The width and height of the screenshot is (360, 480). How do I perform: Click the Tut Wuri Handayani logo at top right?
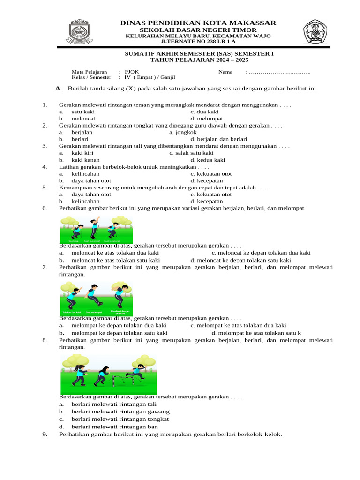315,31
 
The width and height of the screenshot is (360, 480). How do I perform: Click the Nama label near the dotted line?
225,72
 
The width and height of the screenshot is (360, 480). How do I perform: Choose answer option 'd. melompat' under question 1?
207,119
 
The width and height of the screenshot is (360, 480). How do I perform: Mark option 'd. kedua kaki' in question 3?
208,160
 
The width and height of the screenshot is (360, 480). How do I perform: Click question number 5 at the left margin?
45,187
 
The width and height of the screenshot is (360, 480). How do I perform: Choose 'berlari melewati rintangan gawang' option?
120,412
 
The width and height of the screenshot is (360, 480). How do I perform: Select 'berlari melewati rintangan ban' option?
114,427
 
